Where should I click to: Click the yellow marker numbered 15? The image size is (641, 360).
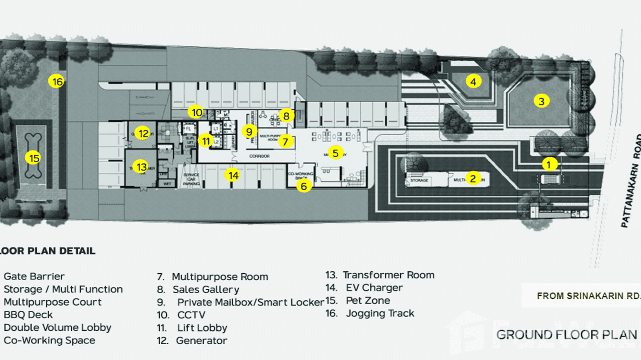tap(33, 158)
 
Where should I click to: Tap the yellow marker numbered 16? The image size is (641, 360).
tap(57, 82)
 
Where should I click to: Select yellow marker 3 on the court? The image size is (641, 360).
tap(541, 101)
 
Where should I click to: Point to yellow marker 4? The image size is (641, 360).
tap(473, 82)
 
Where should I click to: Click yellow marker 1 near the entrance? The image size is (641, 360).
tap(549, 164)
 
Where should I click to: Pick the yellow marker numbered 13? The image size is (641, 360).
tap(141, 167)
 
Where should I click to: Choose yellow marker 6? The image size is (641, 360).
tap(304, 186)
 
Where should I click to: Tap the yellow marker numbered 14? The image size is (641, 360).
tap(233, 176)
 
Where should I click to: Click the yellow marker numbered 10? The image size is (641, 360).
tap(196, 113)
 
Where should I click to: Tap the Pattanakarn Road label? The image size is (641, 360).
tap(630, 181)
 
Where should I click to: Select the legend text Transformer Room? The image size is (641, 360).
tap(388, 275)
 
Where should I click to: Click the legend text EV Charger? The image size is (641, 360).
tap(374, 288)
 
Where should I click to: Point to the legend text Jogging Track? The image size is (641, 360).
tap(380, 314)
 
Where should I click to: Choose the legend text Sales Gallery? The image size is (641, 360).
tap(206, 290)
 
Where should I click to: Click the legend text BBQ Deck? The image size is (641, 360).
tap(28, 315)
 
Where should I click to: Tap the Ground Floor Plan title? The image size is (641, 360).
tap(567, 335)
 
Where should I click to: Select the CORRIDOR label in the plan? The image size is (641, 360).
tap(259, 156)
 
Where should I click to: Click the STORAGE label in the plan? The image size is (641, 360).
tap(419, 180)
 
